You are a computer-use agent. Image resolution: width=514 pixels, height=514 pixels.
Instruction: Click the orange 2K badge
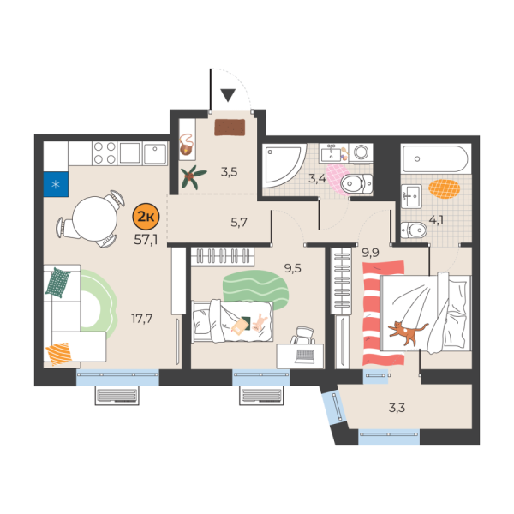point(147,212)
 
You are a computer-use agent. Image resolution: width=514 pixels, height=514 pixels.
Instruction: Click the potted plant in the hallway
point(192,176)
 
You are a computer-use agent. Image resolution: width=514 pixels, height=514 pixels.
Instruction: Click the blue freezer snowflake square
point(56,183)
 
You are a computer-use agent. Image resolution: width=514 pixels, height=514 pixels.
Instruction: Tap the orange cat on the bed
point(406,332)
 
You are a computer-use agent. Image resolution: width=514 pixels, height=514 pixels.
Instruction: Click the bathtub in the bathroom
point(435,159)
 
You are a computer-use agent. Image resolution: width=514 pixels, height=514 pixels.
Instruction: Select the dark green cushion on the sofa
point(58,282)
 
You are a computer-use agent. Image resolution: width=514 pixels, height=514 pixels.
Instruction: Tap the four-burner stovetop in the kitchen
point(105,153)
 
